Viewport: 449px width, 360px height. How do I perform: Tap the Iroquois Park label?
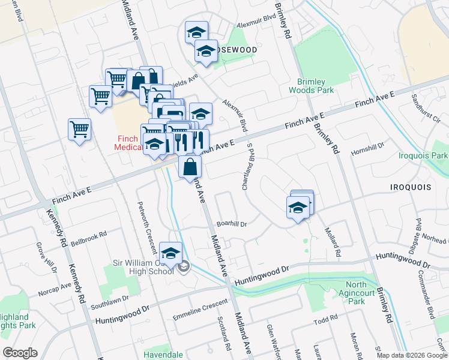click(423, 156)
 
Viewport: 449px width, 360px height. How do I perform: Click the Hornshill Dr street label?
click(367, 148)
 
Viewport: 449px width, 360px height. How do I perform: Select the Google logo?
click(20, 353)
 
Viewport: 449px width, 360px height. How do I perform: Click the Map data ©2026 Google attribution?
click(412, 355)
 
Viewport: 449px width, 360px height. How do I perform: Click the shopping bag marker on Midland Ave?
click(190, 167)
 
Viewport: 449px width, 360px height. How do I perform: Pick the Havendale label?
click(164, 355)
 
